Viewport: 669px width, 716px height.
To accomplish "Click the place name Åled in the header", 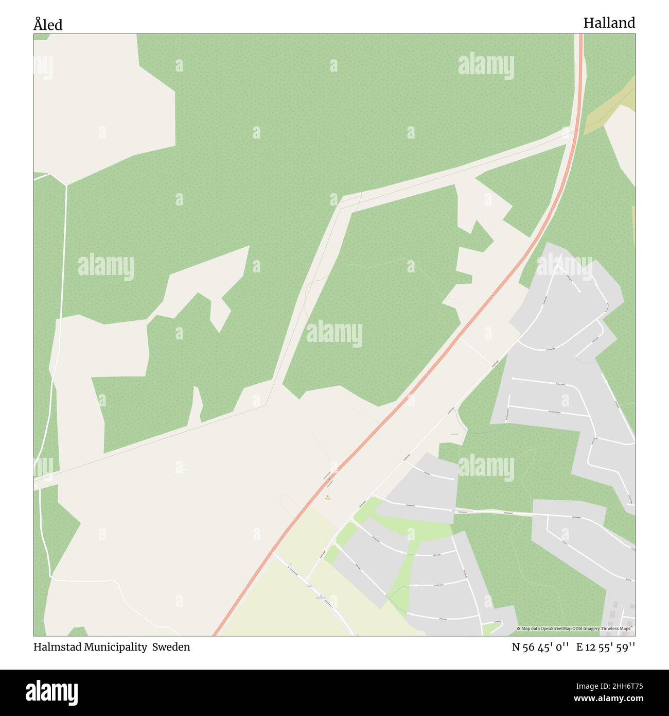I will pyautogui.click(x=48, y=24).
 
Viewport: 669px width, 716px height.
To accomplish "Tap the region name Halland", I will pyautogui.click(x=609, y=23).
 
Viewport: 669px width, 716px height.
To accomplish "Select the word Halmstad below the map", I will pyautogui.click(x=55, y=647).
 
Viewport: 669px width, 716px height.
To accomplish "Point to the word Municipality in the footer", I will pyautogui.click(x=114, y=647).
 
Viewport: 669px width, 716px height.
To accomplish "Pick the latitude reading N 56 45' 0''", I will pyautogui.click(x=540, y=647).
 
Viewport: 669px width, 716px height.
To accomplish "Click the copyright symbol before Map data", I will pyautogui.click(x=519, y=628).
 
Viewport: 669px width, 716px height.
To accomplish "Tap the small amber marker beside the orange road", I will pyautogui.click(x=328, y=497).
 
